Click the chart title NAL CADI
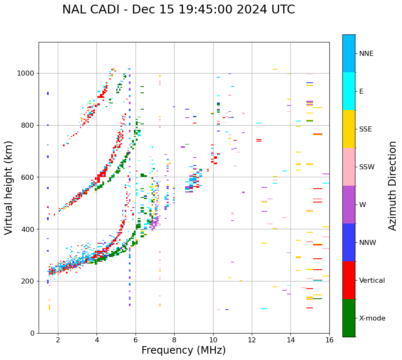tap(178, 10)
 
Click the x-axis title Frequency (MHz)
tap(183, 350)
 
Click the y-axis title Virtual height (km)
tap(9, 187)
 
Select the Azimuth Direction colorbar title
tap(392, 185)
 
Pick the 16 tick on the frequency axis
tap(329, 339)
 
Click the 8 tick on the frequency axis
tap(174, 339)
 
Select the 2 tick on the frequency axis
tap(58, 339)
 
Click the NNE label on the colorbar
tap(366, 54)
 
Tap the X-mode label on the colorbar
tap(372, 318)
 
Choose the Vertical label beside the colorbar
tap(372, 281)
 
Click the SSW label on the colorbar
tap(367, 167)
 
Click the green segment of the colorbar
tap(349, 318)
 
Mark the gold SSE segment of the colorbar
tap(349, 129)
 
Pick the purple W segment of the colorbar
tap(349, 205)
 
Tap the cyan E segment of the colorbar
tap(349, 91)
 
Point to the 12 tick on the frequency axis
tap(252, 339)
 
